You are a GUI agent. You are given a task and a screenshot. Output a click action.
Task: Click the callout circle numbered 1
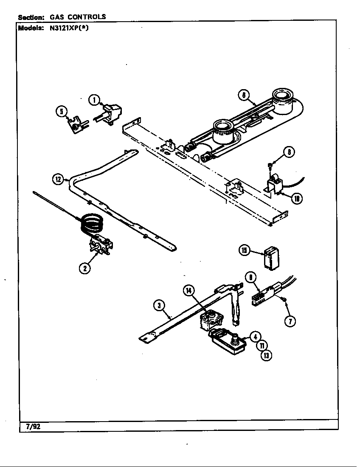[94, 100]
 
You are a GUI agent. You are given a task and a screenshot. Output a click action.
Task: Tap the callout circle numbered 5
[62, 112]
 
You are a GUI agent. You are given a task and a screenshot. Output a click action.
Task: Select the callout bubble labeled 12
[58, 179]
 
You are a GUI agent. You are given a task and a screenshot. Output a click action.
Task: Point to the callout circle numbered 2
[85, 268]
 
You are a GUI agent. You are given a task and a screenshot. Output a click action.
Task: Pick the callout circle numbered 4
[255, 337]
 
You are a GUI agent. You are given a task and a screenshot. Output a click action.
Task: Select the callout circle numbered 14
[189, 290]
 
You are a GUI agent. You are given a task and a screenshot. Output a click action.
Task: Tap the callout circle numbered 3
[158, 305]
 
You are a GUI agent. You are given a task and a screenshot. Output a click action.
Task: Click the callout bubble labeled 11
[261, 346]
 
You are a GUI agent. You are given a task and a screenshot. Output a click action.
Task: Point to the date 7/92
[33, 427]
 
